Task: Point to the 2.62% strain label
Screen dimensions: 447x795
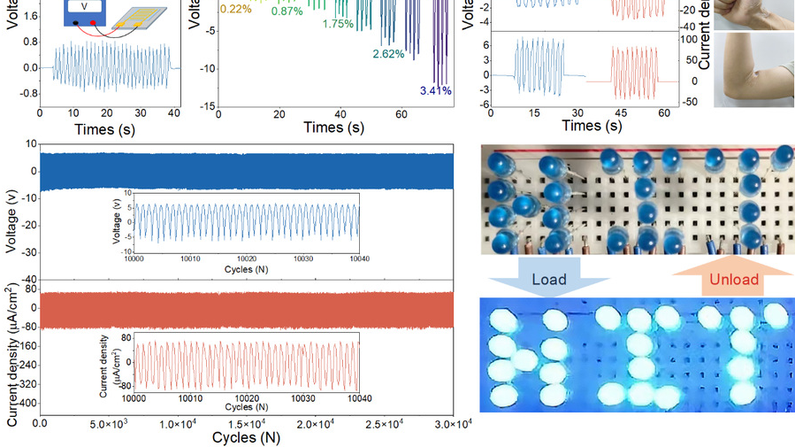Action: pos(388,54)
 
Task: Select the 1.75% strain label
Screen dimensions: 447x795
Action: pos(338,24)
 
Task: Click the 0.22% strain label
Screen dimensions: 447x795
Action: pos(234,8)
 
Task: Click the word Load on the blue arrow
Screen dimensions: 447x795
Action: pos(548,280)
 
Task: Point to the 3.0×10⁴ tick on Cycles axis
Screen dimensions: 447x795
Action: pos(454,425)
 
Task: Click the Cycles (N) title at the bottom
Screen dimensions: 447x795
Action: pos(246,438)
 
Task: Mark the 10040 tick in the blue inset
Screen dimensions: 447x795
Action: pos(359,259)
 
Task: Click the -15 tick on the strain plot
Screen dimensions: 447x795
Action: pos(207,106)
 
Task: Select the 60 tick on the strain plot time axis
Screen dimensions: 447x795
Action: pos(401,114)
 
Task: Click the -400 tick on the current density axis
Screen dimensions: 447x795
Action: pos(25,404)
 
